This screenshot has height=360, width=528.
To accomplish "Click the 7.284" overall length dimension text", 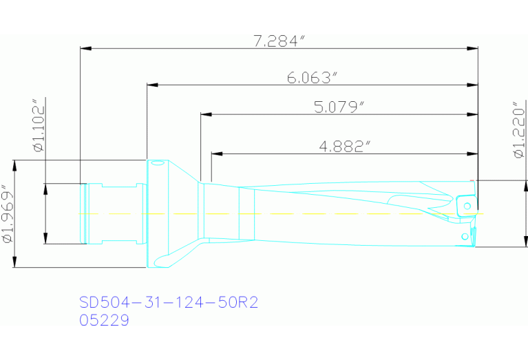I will [279, 41].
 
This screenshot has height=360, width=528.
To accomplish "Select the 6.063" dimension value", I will [312, 78].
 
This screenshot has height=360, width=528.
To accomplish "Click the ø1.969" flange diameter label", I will [8, 213].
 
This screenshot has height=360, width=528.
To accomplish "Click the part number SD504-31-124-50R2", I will [169, 303].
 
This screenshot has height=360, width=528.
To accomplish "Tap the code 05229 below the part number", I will [104, 321].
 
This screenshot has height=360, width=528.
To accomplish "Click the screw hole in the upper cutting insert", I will [467, 205].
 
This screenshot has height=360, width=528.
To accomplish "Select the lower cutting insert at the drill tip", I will [468, 236].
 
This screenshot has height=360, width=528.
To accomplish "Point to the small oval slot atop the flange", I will [158, 163].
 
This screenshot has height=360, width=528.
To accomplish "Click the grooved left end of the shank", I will [84, 213].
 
